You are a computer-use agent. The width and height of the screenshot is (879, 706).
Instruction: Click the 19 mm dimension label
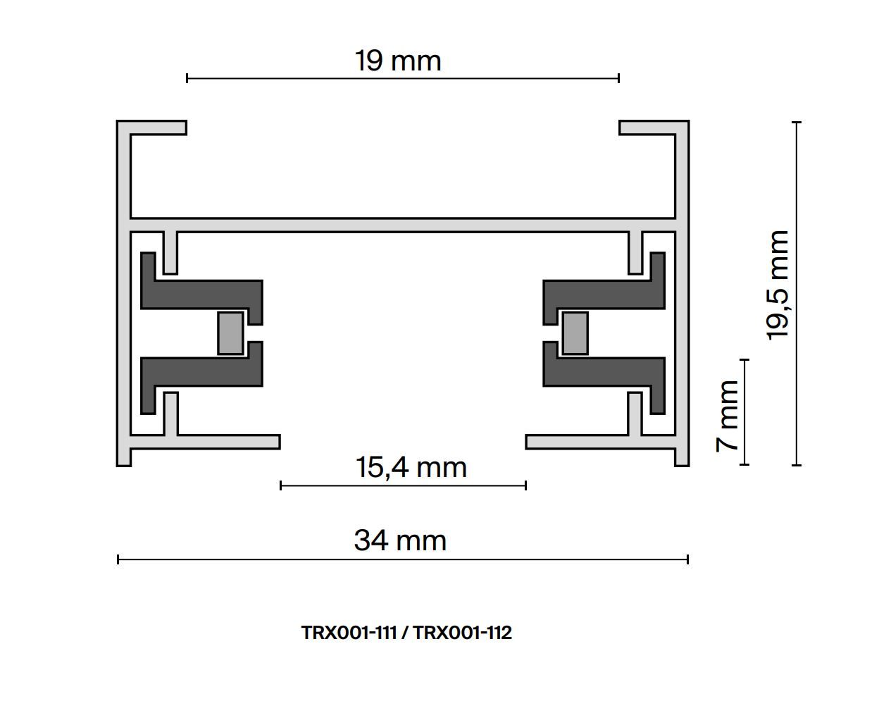[398, 61]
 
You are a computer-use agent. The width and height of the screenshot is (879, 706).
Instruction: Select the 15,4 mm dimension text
[411, 467]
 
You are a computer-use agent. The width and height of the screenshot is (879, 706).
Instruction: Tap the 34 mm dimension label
[400, 540]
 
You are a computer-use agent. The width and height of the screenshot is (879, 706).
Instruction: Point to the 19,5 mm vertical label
[778, 285]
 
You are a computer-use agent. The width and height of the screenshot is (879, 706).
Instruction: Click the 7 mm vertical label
[727, 416]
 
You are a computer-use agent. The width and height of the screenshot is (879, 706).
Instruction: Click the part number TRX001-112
[462, 633]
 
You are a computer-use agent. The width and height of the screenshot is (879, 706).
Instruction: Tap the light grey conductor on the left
[230, 333]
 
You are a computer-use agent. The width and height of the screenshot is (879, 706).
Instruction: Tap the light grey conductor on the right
[575, 333]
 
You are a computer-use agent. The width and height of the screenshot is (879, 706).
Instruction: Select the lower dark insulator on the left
[204, 372]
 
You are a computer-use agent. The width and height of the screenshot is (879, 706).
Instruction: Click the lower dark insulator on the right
[602, 372]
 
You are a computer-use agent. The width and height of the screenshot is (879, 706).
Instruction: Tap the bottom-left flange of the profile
[211, 442]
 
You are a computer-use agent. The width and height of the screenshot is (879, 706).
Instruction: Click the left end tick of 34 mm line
[118, 559]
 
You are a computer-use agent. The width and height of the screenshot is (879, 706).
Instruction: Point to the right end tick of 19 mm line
[618, 78]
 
